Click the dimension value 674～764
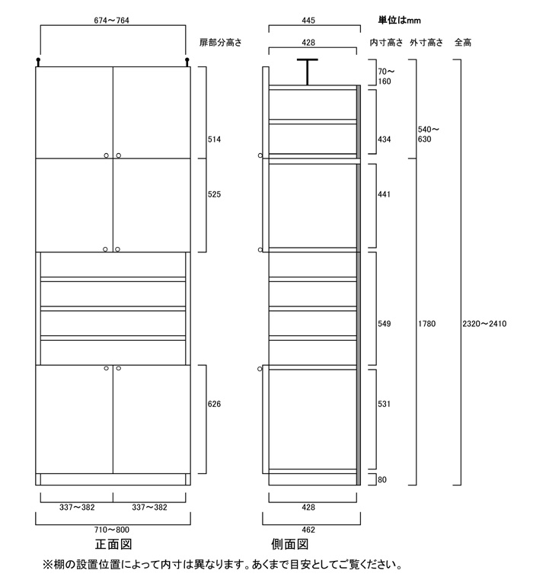[111, 21]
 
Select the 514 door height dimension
[214, 139]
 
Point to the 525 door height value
[214, 194]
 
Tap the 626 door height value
[214, 404]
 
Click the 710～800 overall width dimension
[112, 530]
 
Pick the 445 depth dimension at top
[308, 21]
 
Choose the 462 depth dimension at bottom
[308, 530]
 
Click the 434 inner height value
[384, 139]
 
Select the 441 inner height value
[384, 194]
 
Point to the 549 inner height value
[384, 324]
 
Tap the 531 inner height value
[384, 404]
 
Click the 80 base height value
[382, 479]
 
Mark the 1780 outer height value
[426, 324]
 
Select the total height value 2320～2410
[484, 324]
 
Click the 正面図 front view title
[113, 544]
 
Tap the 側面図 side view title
[290, 544]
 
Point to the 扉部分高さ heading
[220, 43]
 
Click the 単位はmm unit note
[399, 20]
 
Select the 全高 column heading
[463, 43]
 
